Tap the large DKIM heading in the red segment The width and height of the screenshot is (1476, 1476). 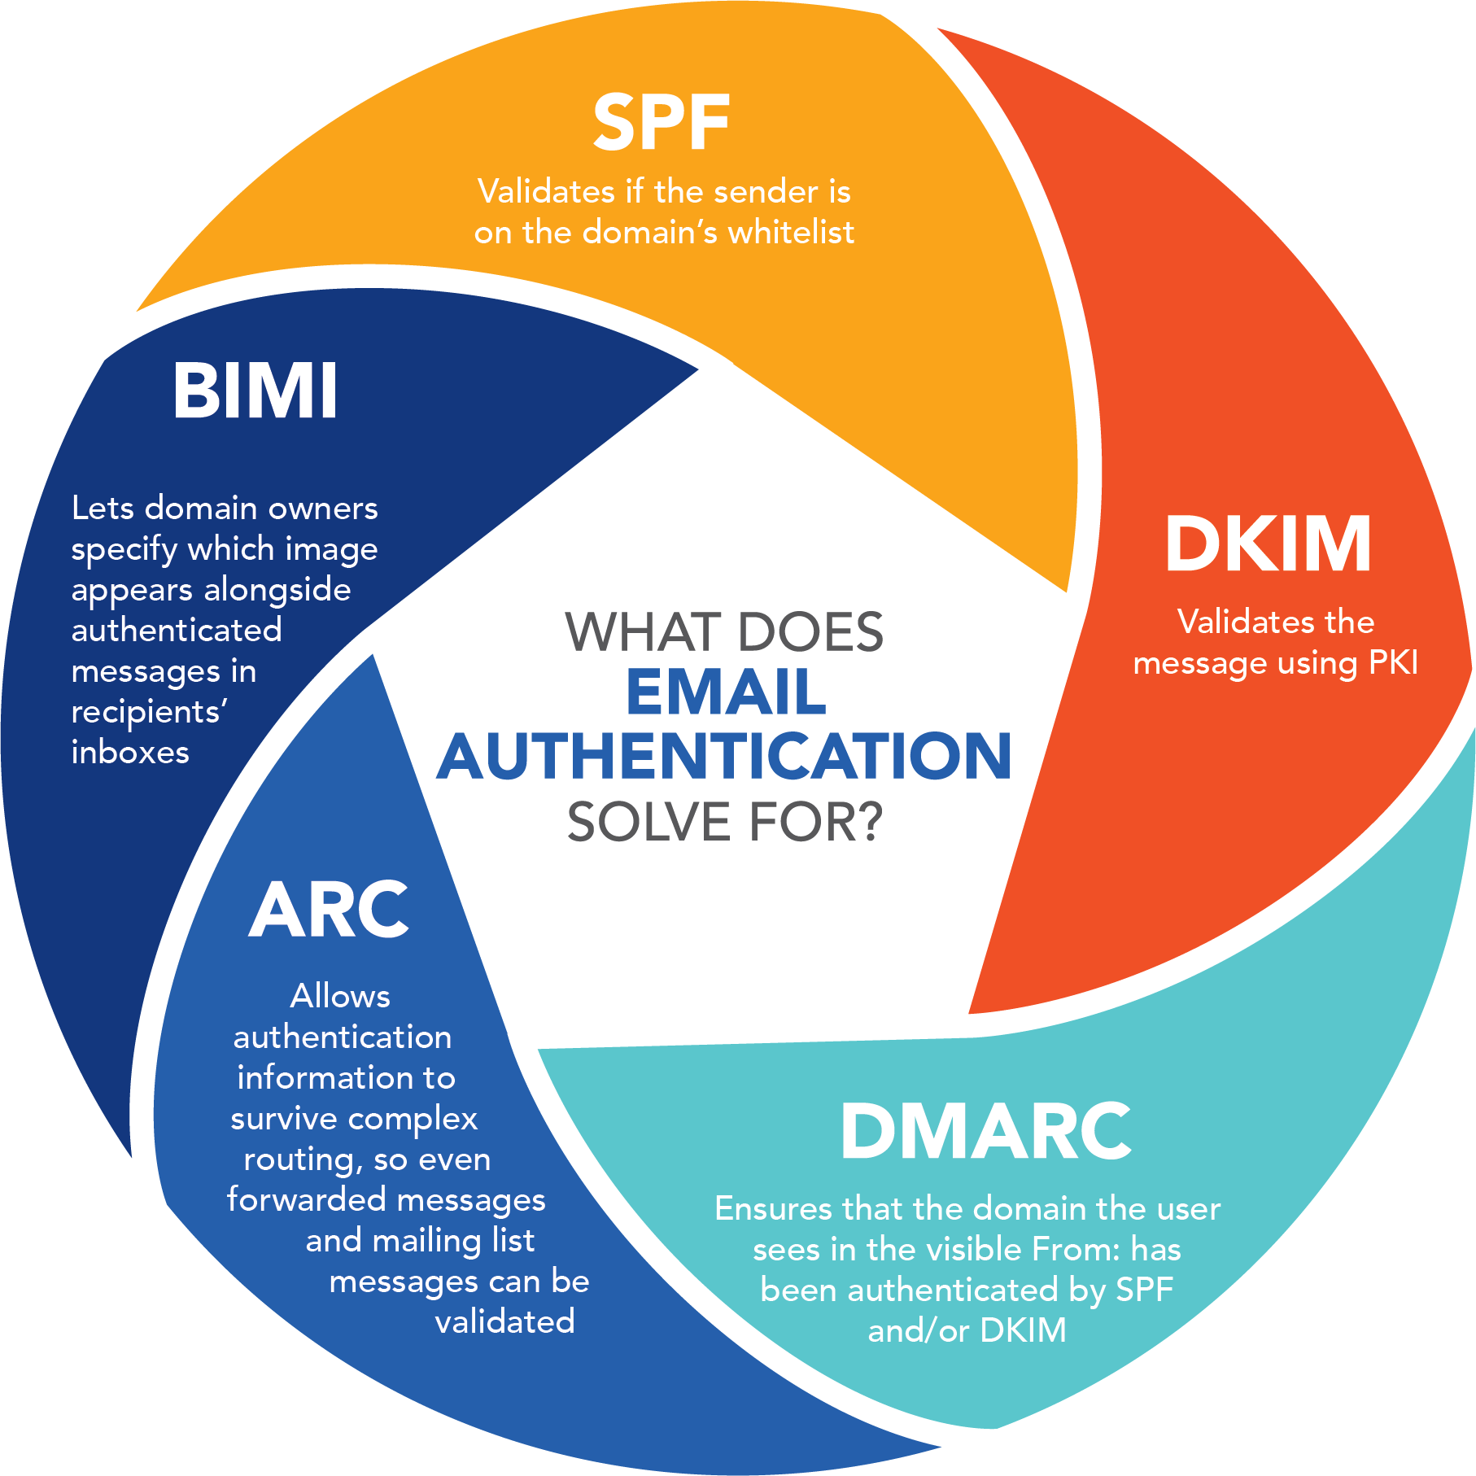click(1268, 544)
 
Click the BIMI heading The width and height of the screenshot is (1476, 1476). click(255, 391)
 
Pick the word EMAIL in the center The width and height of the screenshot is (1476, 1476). click(726, 693)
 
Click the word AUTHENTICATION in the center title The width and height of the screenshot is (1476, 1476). click(724, 756)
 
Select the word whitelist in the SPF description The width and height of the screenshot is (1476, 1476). click(791, 233)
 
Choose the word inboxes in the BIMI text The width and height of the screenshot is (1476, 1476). click(130, 753)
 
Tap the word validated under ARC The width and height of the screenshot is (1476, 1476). click(504, 1322)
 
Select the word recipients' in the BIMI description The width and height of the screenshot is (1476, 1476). click(149, 713)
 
